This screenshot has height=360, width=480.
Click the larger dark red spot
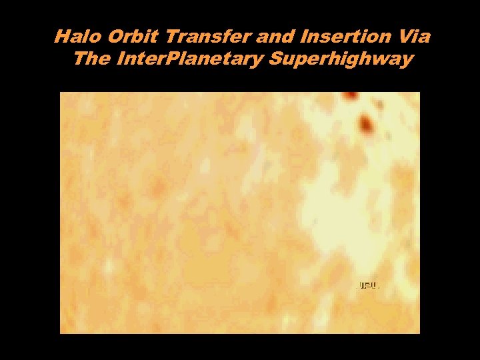pyautogui.click(x=365, y=123)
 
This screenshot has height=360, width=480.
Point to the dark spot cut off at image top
pyautogui.click(x=348, y=96)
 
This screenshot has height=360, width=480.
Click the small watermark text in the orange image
pyautogui.click(x=369, y=285)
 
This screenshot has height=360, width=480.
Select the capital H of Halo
pyautogui.click(x=61, y=37)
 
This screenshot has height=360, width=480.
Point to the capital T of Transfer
pyautogui.click(x=153, y=37)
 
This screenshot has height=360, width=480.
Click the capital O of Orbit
pyautogui.click(x=105, y=37)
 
